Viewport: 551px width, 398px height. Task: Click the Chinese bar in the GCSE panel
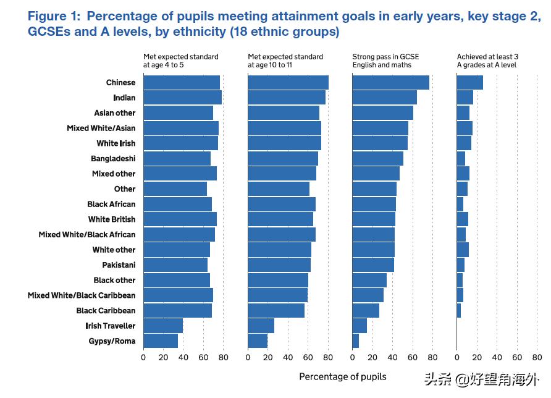click(390, 82)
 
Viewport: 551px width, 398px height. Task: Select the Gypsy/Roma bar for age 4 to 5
click(161, 341)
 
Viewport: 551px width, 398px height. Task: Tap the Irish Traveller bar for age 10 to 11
click(261, 326)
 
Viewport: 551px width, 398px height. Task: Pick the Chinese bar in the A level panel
click(469, 82)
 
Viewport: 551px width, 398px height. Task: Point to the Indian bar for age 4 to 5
click(182, 98)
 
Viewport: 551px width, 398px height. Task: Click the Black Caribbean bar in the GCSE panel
click(366, 310)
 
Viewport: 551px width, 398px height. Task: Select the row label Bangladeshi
click(113, 159)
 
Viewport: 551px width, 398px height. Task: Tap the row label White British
click(112, 219)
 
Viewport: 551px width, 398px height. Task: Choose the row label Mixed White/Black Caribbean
click(82, 295)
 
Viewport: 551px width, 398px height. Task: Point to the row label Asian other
click(115, 113)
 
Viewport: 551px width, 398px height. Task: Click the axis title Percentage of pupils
click(342, 376)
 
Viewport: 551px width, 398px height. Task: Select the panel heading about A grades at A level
click(487, 61)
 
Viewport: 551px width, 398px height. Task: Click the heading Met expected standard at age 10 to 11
click(285, 61)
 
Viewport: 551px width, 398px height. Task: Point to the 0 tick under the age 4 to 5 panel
click(143, 357)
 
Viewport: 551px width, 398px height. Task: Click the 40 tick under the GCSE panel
click(392, 357)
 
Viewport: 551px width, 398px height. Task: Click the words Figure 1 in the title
click(55, 17)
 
